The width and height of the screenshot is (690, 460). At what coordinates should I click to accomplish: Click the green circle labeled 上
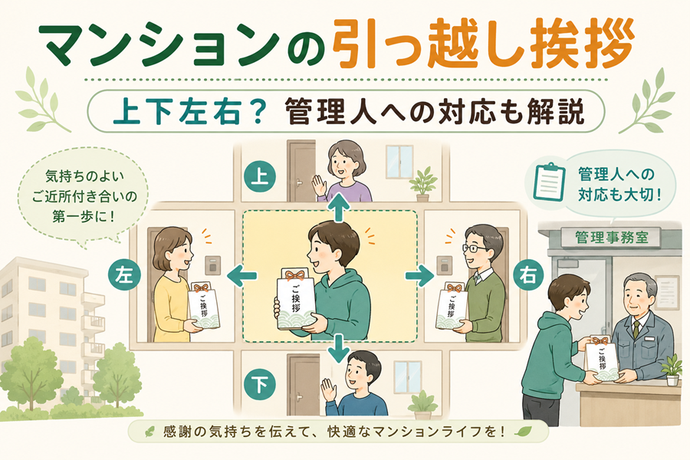pyautogui.click(x=260, y=177)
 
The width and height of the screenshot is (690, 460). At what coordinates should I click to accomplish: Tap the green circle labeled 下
pyautogui.click(x=260, y=384)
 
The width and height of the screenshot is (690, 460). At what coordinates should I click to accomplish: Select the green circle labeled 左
pyautogui.click(x=124, y=275)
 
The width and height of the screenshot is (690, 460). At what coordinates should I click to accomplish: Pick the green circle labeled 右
pyautogui.click(x=528, y=275)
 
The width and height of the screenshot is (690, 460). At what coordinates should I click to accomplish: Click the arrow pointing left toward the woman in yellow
pyautogui.click(x=242, y=276)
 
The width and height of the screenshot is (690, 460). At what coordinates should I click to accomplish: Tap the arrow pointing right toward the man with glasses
pyautogui.click(x=420, y=276)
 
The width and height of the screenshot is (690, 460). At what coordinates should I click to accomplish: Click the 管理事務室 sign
pyautogui.click(x=611, y=238)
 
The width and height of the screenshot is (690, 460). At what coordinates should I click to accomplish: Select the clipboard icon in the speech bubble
pyautogui.click(x=549, y=182)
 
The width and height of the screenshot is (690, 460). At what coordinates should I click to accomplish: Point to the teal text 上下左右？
pyautogui.click(x=189, y=111)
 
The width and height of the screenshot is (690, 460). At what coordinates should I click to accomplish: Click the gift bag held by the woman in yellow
pyautogui.click(x=203, y=307)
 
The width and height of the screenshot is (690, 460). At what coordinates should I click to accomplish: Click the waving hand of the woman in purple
pyautogui.click(x=319, y=185)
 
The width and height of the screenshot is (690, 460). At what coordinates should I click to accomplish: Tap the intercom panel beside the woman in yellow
pyautogui.click(x=213, y=265)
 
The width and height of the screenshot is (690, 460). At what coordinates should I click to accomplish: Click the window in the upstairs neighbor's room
pyautogui.click(x=399, y=162)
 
